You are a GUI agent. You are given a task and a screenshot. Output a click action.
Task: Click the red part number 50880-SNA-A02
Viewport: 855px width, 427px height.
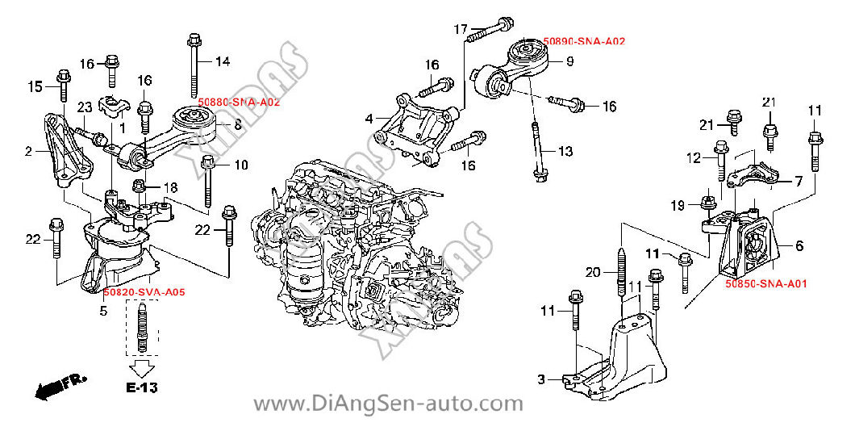pos(239,103)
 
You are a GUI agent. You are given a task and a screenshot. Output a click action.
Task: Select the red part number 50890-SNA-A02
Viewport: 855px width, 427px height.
pos(584,40)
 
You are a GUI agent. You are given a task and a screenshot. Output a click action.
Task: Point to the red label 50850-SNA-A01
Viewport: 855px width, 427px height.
pos(765,284)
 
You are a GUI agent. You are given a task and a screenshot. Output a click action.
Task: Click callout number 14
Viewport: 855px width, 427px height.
pos(223,61)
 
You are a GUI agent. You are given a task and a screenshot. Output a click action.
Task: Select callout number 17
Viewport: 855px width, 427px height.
pos(460,30)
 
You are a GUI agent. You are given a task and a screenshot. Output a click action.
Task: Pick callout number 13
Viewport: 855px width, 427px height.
pos(565,151)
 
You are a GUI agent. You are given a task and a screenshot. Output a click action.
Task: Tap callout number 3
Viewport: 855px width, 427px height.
pos(541,379)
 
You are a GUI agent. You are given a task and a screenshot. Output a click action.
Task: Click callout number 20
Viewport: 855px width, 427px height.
pos(593,273)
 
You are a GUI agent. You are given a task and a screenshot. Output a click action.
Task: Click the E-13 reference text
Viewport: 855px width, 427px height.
pos(141,388)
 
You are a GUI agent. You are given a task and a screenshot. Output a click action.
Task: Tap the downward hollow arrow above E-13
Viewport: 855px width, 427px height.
pos(141,367)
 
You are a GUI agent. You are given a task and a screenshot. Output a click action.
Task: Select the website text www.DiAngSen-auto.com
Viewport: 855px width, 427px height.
pos(389,404)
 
